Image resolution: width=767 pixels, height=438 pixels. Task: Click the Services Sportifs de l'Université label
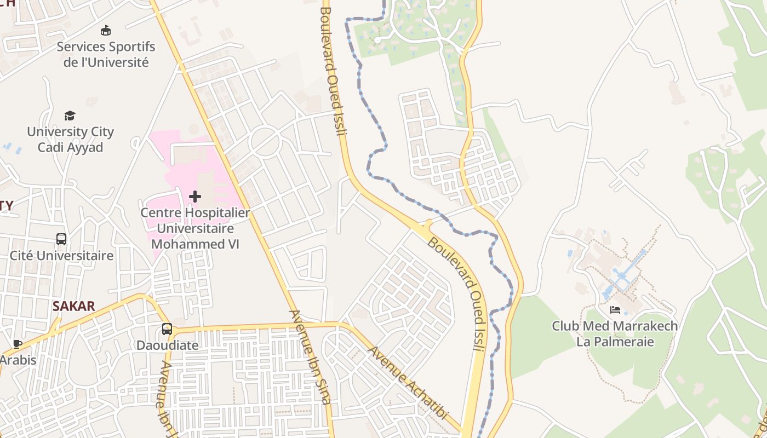coord(106,54)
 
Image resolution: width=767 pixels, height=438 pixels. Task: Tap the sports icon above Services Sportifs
coord(106,31)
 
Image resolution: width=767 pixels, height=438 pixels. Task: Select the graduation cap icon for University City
coord(70,116)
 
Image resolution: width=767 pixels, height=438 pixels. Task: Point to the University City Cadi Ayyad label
coord(70,140)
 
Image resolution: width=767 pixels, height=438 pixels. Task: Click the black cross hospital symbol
coord(195,197)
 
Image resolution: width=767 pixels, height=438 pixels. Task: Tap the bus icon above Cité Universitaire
coord(61,239)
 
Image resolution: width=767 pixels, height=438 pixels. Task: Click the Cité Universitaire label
coord(61,256)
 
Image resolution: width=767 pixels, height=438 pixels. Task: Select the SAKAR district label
coord(74,306)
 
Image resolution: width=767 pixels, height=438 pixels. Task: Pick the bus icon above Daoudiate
coord(167,329)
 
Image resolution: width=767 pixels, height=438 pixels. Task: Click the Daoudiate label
coord(167,345)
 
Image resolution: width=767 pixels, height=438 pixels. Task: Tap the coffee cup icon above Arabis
coord(17,344)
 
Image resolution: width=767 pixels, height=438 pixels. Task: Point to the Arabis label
coord(18,360)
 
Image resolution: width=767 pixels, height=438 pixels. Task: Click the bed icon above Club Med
coord(615,310)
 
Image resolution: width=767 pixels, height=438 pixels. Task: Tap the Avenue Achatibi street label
coord(408,383)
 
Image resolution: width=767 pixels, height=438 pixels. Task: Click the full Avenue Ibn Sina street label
coord(311,358)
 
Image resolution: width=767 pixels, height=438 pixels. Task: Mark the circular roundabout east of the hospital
coord(265,142)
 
